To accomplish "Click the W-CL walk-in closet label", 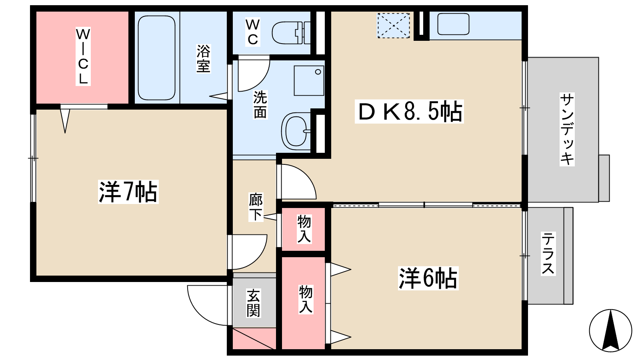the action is [83, 56].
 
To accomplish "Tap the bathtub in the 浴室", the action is [156, 58].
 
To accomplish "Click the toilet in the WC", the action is [291, 33].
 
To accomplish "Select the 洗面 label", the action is [260, 104].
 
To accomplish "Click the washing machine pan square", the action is [309, 81].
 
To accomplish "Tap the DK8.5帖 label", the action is [409, 112].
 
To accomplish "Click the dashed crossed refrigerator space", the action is [394, 26].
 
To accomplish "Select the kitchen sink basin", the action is [453, 24].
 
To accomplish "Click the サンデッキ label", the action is [567, 130].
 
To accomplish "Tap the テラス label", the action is [548, 254].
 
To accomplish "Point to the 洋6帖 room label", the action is [428, 278].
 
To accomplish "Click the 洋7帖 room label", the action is [128, 192].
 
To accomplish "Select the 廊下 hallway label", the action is [256, 207].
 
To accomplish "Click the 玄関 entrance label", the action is [253, 303].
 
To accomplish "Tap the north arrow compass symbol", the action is [610, 330].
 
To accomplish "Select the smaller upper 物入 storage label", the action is [304, 230].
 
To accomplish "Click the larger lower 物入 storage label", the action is [306, 300].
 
